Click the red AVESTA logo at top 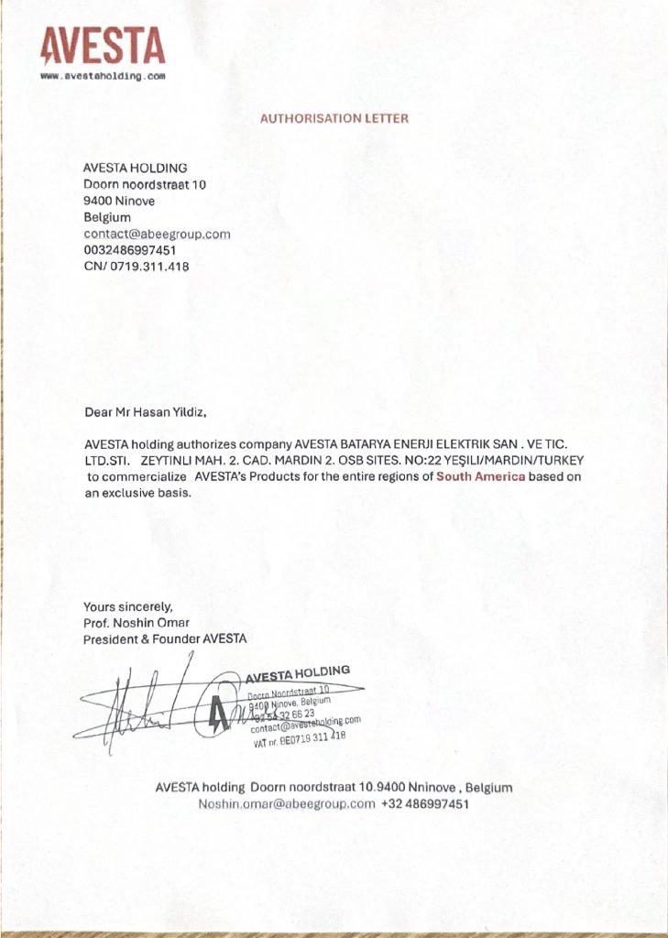pyautogui.click(x=103, y=45)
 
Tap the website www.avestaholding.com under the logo pyautogui.click(x=103, y=76)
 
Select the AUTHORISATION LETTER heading pyautogui.click(x=334, y=118)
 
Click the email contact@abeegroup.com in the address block pyautogui.click(x=157, y=234)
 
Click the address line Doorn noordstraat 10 pyautogui.click(x=145, y=184)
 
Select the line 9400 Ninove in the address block pyautogui.click(x=119, y=201)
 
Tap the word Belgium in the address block pyautogui.click(x=107, y=217)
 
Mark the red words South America pyautogui.click(x=481, y=476)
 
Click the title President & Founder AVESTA pyautogui.click(x=165, y=638)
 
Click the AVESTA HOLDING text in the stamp pyautogui.click(x=297, y=674)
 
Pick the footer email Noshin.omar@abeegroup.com pyautogui.click(x=287, y=803)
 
